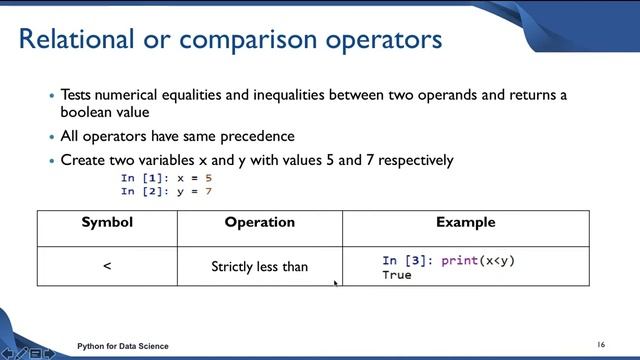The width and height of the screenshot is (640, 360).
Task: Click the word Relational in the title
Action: tap(74, 41)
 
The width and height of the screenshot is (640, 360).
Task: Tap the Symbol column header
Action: tap(107, 222)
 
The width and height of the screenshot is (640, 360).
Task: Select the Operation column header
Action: tap(259, 222)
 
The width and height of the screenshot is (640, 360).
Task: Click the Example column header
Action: tap(465, 222)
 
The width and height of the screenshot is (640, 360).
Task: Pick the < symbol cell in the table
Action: tap(107, 267)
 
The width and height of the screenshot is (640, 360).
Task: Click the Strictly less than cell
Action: tap(259, 267)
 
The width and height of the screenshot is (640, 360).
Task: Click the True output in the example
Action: tap(396, 274)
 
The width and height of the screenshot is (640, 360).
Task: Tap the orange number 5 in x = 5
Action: tap(209, 178)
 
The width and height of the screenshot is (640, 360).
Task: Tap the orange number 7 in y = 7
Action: tap(209, 190)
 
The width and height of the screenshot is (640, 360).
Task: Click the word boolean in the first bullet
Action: tap(87, 113)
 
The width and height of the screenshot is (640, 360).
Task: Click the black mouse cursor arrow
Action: tap(335, 283)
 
